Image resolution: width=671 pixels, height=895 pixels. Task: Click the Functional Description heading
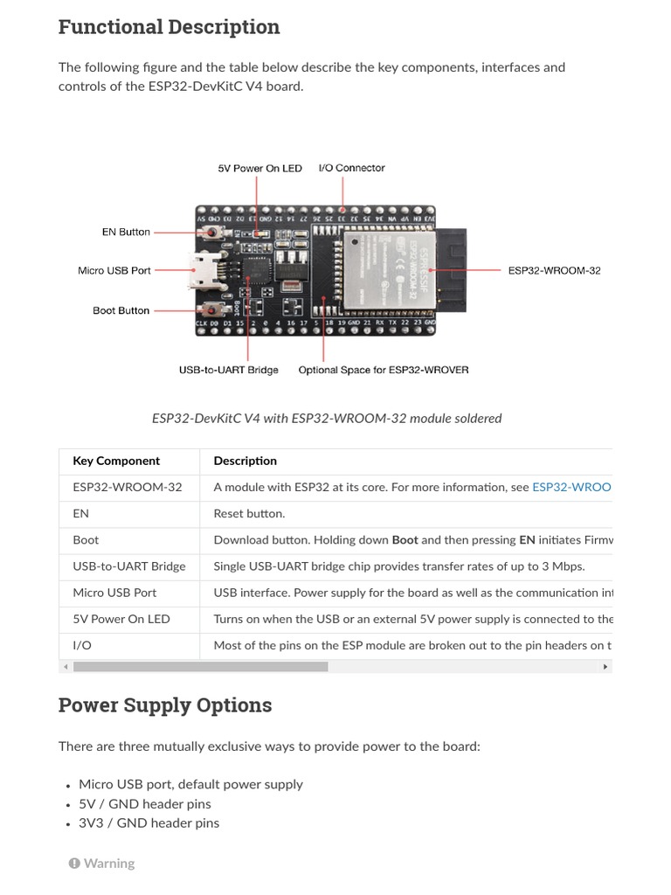[169, 27]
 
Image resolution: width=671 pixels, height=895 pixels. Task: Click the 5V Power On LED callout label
[259, 169]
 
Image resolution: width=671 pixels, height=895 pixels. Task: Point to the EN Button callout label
[126, 232]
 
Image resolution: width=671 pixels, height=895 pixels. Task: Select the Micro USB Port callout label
[114, 271]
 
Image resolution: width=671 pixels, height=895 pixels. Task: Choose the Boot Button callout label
[121, 310]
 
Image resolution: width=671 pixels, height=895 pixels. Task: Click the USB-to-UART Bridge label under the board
[229, 371]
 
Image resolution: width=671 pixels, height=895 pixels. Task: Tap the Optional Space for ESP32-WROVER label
[384, 371]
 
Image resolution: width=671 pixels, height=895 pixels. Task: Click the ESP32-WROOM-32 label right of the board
[554, 271]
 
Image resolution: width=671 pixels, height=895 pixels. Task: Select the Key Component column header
[116, 461]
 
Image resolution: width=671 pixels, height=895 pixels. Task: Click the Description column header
[246, 461]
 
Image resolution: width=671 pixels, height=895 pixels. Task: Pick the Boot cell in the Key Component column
[86, 540]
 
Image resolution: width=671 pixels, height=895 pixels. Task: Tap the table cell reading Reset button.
[249, 514]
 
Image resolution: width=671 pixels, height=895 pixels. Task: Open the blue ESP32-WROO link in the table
[571, 488]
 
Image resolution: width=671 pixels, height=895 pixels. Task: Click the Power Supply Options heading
[165, 705]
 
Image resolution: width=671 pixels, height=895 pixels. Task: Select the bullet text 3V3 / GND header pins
[149, 823]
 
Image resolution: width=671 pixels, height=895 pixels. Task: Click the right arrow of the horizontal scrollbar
[605, 667]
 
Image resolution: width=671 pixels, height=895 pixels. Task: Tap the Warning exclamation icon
[74, 864]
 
